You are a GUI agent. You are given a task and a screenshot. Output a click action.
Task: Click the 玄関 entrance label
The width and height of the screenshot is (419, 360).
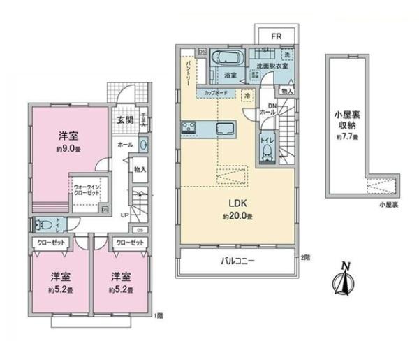126,119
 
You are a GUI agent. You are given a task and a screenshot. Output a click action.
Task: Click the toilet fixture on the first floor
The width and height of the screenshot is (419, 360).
43,224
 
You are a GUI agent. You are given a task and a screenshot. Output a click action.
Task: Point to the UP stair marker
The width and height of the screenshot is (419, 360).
125,215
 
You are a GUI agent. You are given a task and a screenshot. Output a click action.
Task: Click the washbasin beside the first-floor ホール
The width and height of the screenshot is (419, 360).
143,145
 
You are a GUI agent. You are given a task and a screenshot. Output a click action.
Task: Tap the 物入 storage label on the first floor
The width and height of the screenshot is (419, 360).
140,170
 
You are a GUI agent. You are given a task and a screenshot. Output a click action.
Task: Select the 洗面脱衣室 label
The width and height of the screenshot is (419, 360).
270,66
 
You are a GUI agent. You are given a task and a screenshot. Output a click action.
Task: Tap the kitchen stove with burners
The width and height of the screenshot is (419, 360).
189,128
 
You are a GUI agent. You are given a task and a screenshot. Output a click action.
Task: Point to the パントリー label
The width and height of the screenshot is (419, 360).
189,71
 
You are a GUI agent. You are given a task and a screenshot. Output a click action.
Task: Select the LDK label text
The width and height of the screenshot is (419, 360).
235,205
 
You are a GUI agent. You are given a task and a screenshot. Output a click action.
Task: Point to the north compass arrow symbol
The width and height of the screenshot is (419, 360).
343,278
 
